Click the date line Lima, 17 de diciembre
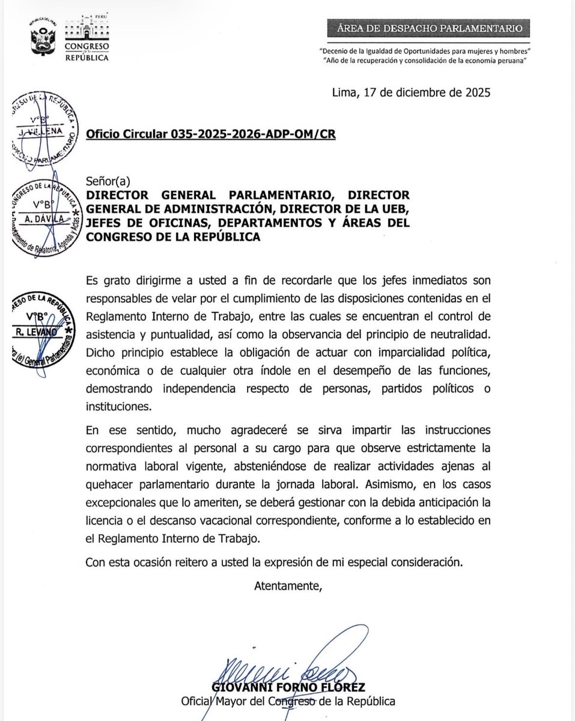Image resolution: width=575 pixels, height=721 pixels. point(411,93)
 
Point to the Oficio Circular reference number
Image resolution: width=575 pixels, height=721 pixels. point(210,135)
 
